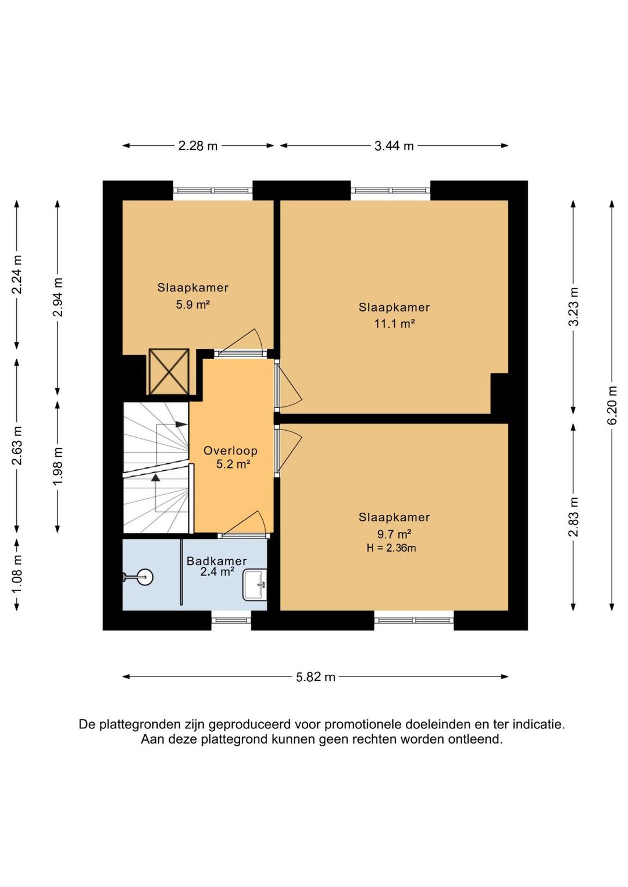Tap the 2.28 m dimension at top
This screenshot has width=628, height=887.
[x=198, y=146]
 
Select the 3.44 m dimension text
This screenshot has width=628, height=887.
[x=394, y=146]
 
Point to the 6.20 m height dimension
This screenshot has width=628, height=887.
[x=612, y=405]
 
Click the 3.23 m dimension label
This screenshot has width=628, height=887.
[x=573, y=307]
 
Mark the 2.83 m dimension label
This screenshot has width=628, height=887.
[x=573, y=517]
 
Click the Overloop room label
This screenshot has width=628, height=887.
[x=231, y=450]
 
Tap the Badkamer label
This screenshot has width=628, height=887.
[x=217, y=561]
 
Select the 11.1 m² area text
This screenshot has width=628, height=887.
[x=395, y=324]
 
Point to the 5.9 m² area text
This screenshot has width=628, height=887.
[x=193, y=305]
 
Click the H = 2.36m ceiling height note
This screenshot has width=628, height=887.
[x=391, y=548]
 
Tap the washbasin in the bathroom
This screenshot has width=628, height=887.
[x=255, y=585]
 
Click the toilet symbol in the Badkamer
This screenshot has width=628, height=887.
[x=139, y=577]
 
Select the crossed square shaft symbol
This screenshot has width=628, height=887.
[x=169, y=371]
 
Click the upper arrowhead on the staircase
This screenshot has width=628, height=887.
[x=181, y=424]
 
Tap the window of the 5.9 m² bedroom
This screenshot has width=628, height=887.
[x=213, y=191]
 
